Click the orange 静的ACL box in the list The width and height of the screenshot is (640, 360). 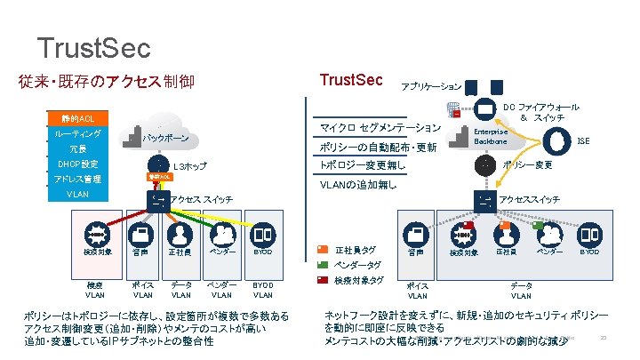pyautogui.click(x=78, y=118)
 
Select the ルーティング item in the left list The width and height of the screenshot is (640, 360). pyautogui.click(x=78, y=134)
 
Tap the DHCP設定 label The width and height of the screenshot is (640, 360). pyautogui.click(x=78, y=164)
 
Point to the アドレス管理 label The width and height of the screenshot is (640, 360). pyautogui.click(x=78, y=180)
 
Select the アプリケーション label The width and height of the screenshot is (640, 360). pyautogui.click(x=431, y=86)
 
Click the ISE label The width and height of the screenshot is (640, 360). pyautogui.click(x=583, y=140)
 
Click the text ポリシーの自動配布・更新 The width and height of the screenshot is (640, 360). pyautogui.click(x=377, y=147)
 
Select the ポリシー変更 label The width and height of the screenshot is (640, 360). pyautogui.click(x=528, y=165)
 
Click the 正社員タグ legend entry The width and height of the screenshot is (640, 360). pyautogui.click(x=356, y=250)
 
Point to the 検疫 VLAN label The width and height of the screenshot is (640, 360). pyautogui.click(x=94, y=290)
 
